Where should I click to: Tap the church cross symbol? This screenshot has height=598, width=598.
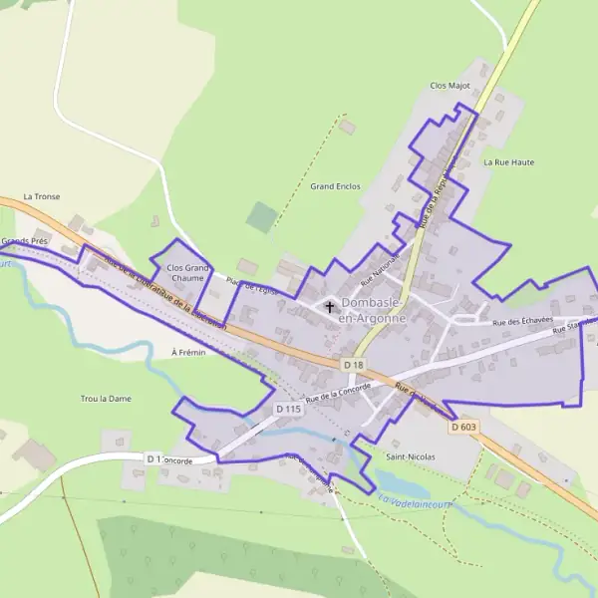pos(330,307)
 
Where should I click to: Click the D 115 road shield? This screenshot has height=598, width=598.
pos(288,409)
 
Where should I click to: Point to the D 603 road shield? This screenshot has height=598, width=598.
pos(463,427)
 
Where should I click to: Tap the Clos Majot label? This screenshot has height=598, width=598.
pos(449,86)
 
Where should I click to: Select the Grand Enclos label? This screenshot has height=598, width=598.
pos(335,186)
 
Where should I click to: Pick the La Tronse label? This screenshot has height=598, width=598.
pos(41,196)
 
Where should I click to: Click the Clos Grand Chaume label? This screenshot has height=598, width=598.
pos(187,272)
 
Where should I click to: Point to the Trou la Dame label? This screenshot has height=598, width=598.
pos(106,399)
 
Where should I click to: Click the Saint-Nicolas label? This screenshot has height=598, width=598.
pos(410,456)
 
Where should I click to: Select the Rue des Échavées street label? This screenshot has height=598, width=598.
pos(523,321)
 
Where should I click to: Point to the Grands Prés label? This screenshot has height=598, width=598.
pos(24,241)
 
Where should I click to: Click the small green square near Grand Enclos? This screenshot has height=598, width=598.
pos(260,216)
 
